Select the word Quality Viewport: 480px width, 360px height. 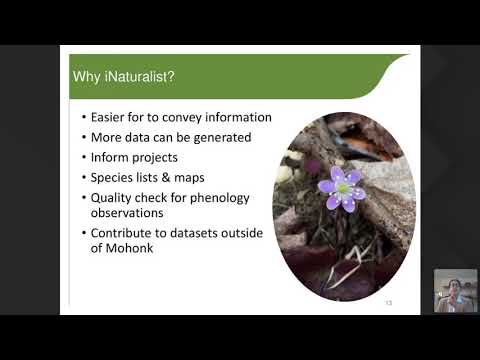(113, 197)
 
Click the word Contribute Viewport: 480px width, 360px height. (126, 232)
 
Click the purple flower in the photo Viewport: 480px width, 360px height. (342, 187)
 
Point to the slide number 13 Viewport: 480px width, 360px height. (389, 303)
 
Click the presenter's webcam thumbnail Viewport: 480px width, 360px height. (455, 291)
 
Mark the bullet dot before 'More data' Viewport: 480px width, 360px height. (83, 137)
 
